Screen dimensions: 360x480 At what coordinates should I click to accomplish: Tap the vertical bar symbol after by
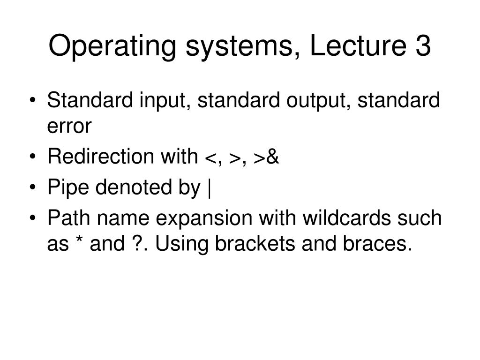point(209,189)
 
